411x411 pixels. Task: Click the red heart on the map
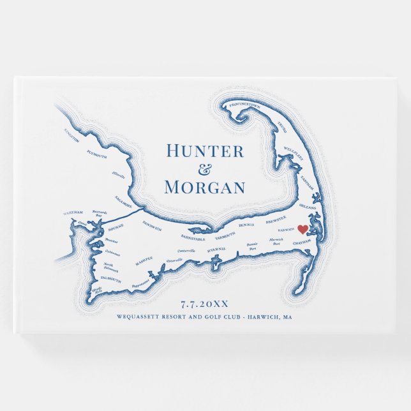click(x=303, y=230)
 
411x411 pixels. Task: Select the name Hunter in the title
click(x=204, y=151)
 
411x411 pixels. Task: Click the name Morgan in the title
click(x=204, y=188)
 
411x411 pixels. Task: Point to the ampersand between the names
click(x=204, y=170)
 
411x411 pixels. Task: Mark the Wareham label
click(x=74, y=212)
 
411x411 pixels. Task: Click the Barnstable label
click(x=194, y=239)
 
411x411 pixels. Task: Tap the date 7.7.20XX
click(x=205, y=303)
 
